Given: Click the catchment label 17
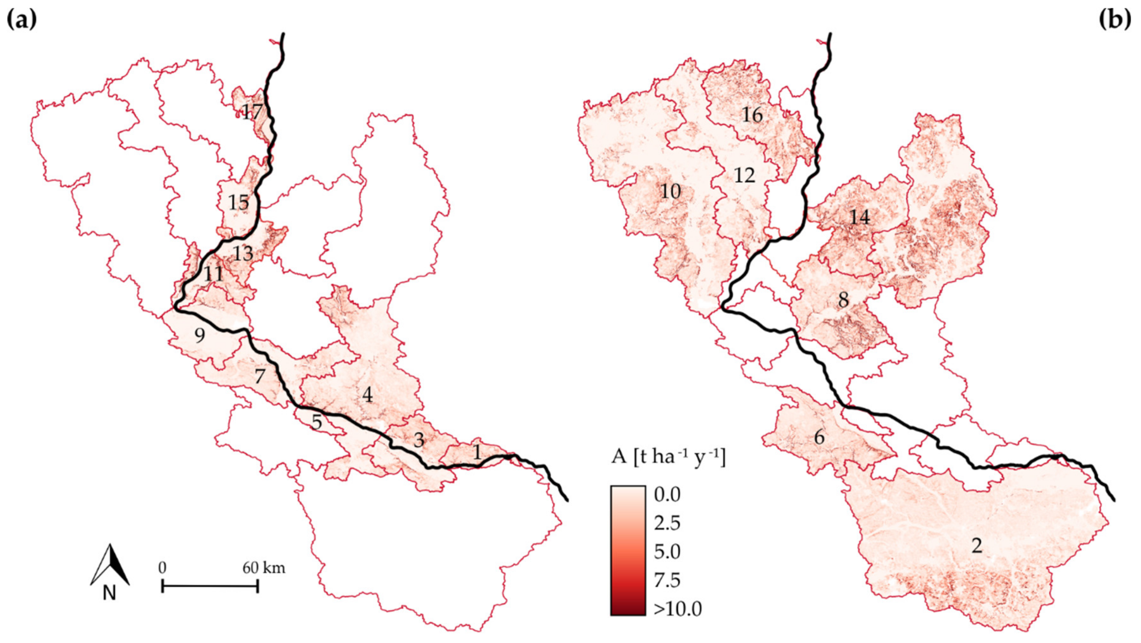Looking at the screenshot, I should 252,112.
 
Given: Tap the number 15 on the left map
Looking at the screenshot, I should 239,203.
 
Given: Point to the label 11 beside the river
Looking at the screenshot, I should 214,274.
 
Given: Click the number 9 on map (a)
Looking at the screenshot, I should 200,336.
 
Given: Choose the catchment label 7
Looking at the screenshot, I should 260,376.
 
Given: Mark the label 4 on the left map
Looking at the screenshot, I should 367,395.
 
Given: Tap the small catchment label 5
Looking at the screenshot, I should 316,422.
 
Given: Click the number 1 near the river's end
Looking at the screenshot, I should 476,452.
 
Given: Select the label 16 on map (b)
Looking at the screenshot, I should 753,115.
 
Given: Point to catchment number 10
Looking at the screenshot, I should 671,192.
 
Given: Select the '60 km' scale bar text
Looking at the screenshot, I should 264,568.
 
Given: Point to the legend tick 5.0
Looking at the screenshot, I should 667,552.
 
